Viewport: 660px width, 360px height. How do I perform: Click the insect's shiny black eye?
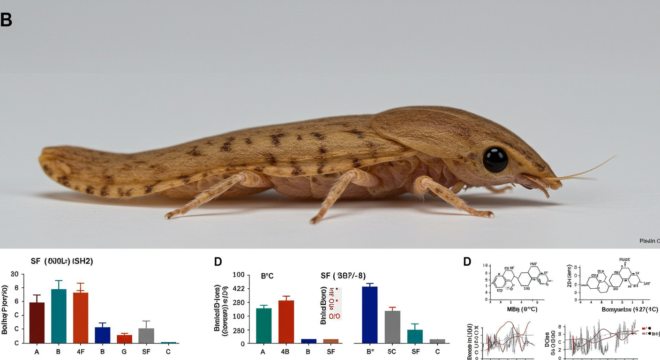[x=495, y=159]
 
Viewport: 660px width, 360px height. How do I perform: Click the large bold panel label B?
[x=6, y=20]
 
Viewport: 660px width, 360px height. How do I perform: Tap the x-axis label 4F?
[x=81, y=352]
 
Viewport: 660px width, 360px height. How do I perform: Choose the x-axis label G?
[x=124, y=352]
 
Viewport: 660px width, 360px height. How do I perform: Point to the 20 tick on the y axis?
[x=14, y=274]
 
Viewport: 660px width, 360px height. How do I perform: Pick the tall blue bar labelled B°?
[x=370, y=315]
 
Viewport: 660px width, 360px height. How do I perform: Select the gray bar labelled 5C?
[x=392, y=327]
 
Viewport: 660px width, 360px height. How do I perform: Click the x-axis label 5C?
[x=392, y=352]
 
